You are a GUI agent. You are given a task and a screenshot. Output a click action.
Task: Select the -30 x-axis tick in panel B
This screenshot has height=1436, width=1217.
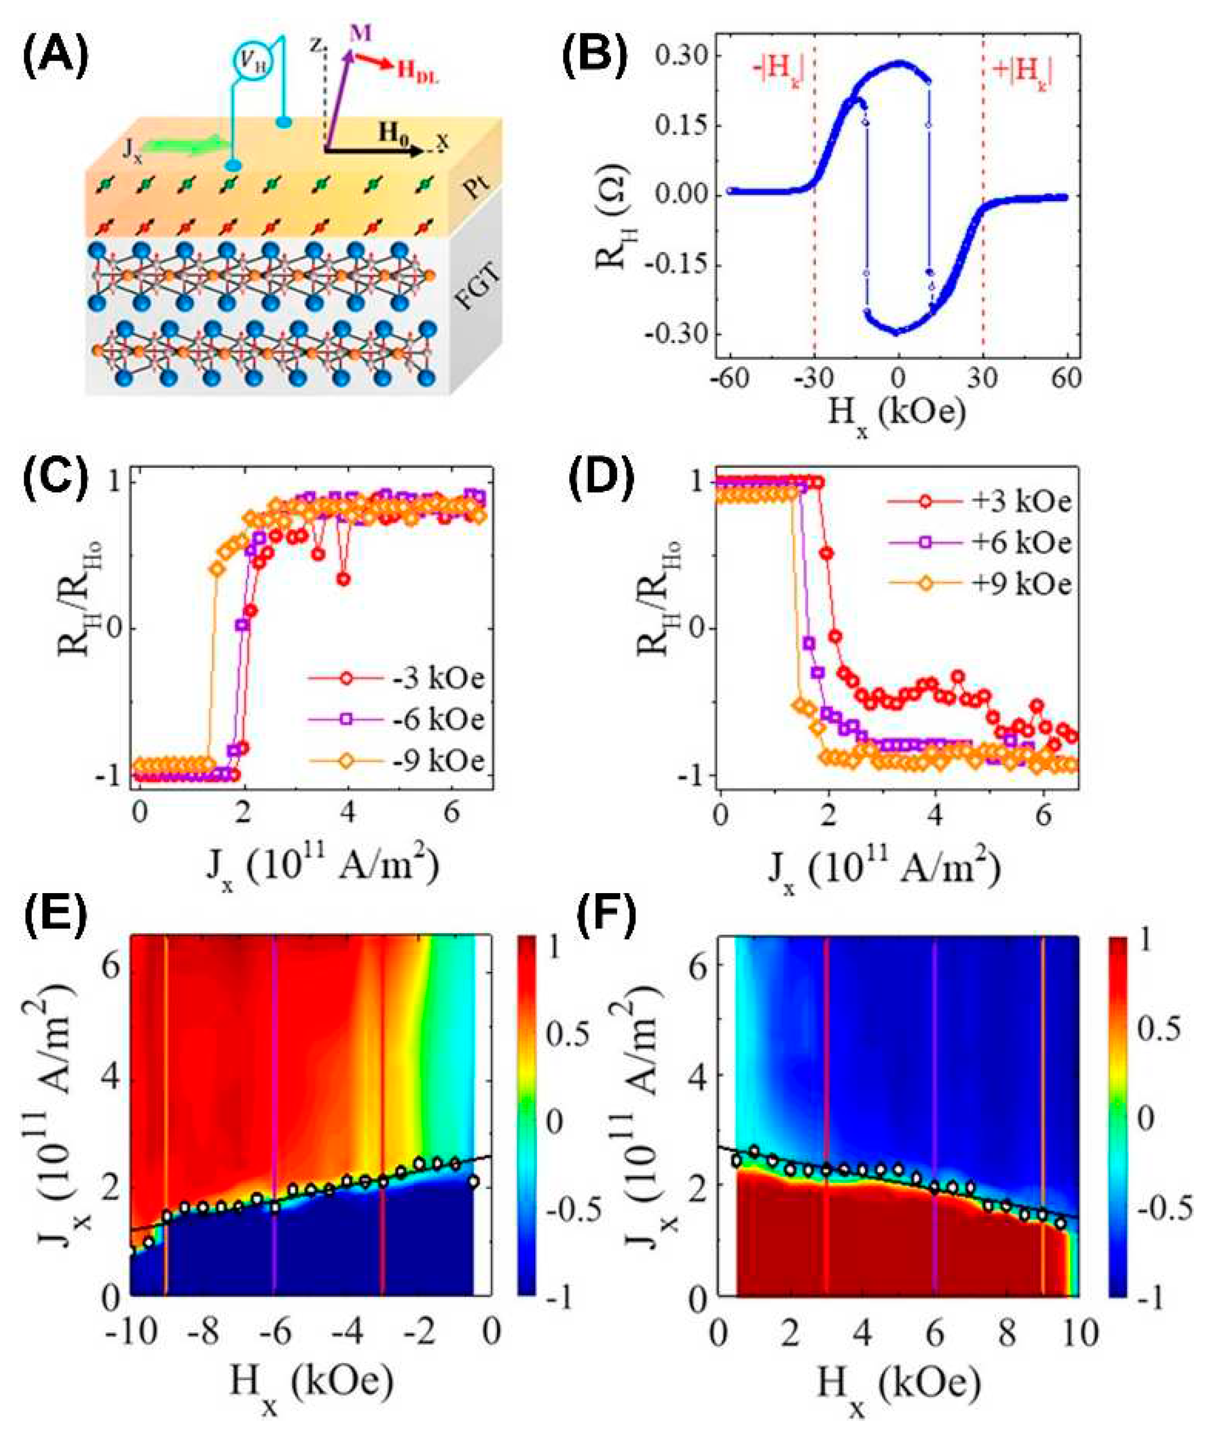(810, 380)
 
